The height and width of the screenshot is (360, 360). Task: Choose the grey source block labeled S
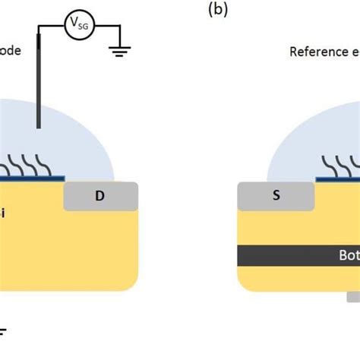coord(276,195)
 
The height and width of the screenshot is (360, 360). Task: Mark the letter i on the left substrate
coord(2,214)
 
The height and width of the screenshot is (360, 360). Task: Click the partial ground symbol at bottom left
coord(3,333)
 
